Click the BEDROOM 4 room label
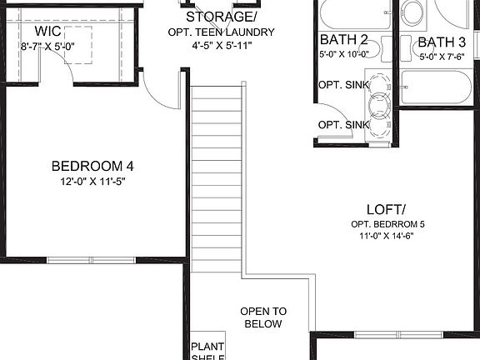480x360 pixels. coord(92,165)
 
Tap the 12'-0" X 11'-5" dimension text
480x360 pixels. coord(92,181)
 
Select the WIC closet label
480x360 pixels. coord(37,31)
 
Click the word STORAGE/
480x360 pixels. coord(220,17)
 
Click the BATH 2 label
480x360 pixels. coord(343,39)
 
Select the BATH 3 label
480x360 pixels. coord(442,42)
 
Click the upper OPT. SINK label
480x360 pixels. coord(342,84)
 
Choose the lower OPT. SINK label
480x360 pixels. coord(342,125)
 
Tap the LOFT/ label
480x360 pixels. coord(386,209)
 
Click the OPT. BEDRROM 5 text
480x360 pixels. coord(387,225)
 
